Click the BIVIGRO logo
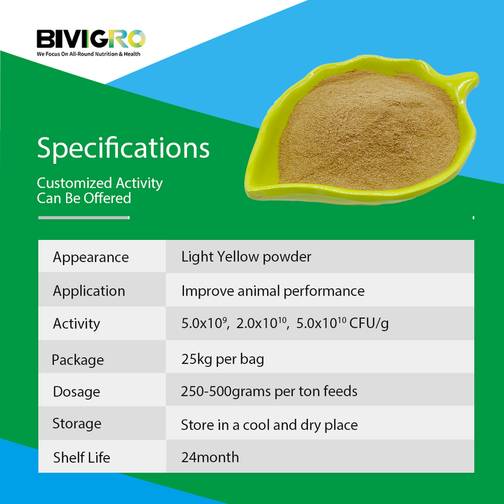pos(91,39)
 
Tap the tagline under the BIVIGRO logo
pos(88,54)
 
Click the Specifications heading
pos(123,148)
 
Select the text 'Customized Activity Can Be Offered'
pos(100,190)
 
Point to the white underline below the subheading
pos(83,218)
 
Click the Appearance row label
pos(91,257)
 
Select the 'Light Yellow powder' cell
pos(246,256)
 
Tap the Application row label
pos(89,291)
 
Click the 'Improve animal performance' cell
pos(273,290)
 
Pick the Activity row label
pos(76,324)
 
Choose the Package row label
pos(77,360)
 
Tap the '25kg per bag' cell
pos(222,359)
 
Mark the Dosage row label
pos(76,392)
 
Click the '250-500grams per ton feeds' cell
pos(269,391)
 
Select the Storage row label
pos(77,423)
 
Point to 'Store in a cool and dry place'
pos(269,425)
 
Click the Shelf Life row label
pos(81,457)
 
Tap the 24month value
pos(210,457)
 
